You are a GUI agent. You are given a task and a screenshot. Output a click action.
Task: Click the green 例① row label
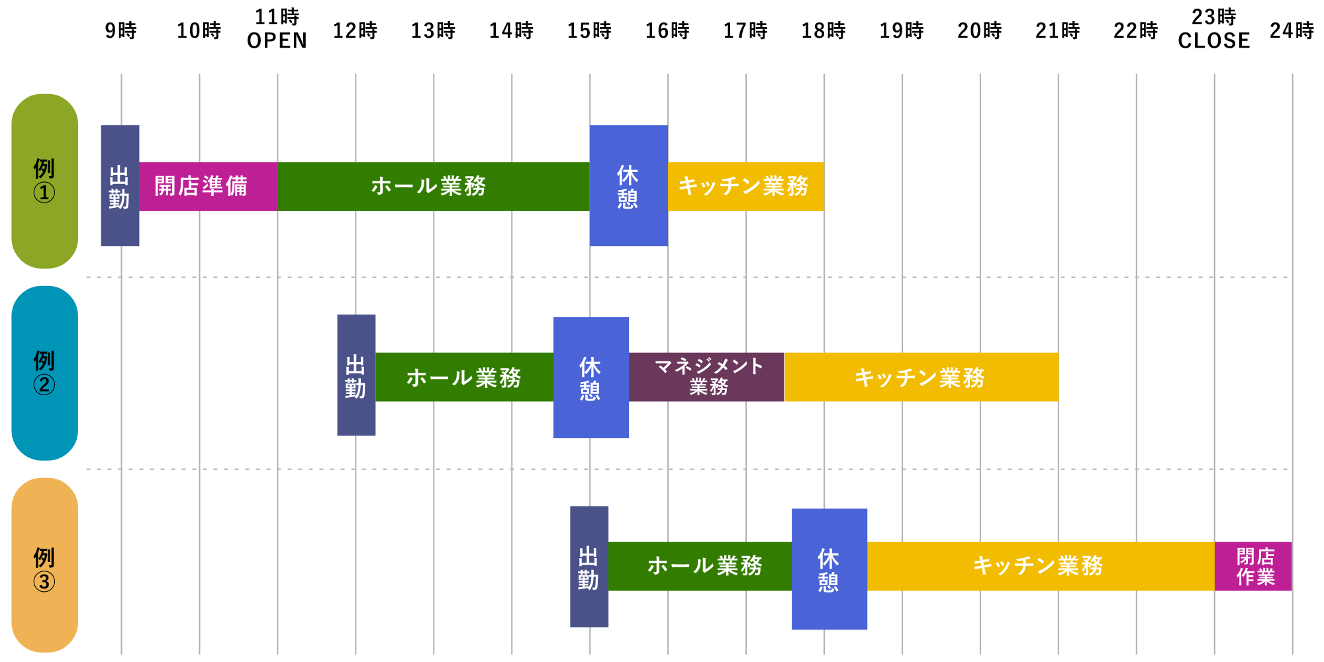click(44, 181)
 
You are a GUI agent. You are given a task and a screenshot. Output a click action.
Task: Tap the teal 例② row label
click(44, 373)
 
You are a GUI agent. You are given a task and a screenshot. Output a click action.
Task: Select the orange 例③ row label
click(44, 565)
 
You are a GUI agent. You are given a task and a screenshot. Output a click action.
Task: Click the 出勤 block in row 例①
click(120, 186)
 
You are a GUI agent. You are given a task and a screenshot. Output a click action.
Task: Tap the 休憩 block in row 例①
click(628, 186)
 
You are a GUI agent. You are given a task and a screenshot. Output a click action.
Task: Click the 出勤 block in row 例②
click(356, 375)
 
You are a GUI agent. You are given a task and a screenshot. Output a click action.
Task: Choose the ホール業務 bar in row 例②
click(464, 377)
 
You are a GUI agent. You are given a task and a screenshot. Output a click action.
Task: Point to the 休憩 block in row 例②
click(591, 377)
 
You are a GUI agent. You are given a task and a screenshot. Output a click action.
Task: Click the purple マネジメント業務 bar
click(706, 377)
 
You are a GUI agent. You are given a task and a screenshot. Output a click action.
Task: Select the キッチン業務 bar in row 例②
click(921, 377)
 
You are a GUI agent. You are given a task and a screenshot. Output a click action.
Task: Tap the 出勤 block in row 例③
click(589, 567)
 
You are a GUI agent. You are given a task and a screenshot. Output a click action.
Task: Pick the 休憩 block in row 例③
click(829, 569)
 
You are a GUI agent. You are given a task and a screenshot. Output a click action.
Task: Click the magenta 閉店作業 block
click(1253, 567)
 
